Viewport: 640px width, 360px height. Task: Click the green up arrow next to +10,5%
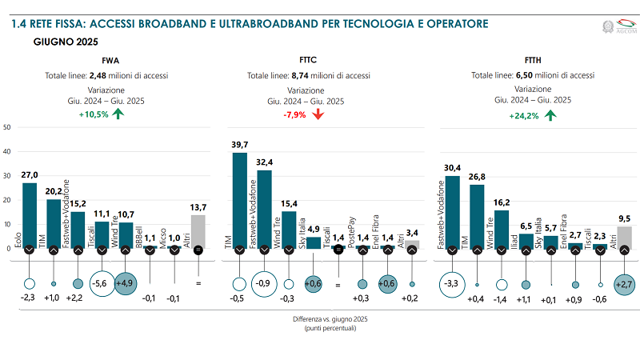pos(118,114)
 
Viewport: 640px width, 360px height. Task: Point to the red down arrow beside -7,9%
pos(318,114)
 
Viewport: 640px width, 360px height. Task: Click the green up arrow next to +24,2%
pos(550,115)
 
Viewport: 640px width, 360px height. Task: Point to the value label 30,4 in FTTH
pos(453,167)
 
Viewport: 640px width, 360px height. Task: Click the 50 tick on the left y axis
pos(6,127)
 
